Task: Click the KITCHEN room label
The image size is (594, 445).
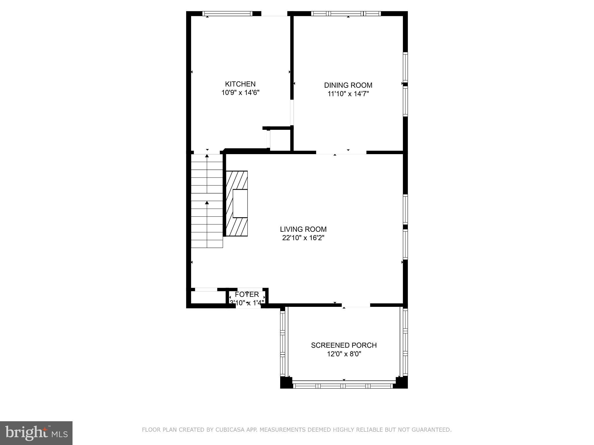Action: pos(240,84)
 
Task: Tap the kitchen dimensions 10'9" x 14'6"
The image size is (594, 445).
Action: pos(240,93)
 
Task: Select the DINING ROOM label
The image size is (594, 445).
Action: pos(348,85)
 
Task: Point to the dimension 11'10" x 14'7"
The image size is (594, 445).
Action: pos(348,94)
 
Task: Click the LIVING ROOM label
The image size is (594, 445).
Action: pos(303,229)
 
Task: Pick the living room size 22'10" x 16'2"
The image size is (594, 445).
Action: pos(303,238)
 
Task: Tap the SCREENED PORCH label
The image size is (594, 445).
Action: pos(344,345)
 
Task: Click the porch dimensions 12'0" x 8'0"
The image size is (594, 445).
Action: pos(344,354)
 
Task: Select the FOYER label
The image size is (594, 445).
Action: pos(247,294)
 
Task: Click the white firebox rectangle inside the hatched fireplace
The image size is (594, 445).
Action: pos(240,203)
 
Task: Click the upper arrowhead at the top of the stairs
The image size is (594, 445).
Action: pos(207,156)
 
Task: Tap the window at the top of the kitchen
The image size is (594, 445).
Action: pos(227,13)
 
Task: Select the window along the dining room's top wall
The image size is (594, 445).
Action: pos(346,13)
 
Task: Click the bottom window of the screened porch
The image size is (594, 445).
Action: pos(344,386)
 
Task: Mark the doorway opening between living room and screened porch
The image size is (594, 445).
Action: pos(356,305)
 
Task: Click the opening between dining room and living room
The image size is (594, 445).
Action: pos(341,152)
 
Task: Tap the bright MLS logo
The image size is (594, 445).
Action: pos(36,433)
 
